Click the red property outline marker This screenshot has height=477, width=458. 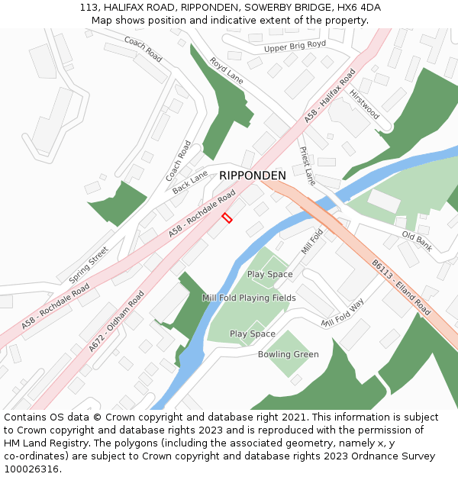[x=227, y=218]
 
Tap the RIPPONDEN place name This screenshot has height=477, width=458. [x=253, y=176]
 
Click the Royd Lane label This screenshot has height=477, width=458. [x=226, y=70]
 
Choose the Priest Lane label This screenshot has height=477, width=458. [x=307, y=166]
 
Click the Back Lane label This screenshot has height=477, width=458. [x=189, y=182]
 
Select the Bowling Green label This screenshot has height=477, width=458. [x=288, y=355]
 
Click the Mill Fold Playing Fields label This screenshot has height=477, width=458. [x=249, y=298]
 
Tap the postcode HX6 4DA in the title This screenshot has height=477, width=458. [x=358, y=8]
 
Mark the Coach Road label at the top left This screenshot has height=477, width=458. [x=144, y=50]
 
